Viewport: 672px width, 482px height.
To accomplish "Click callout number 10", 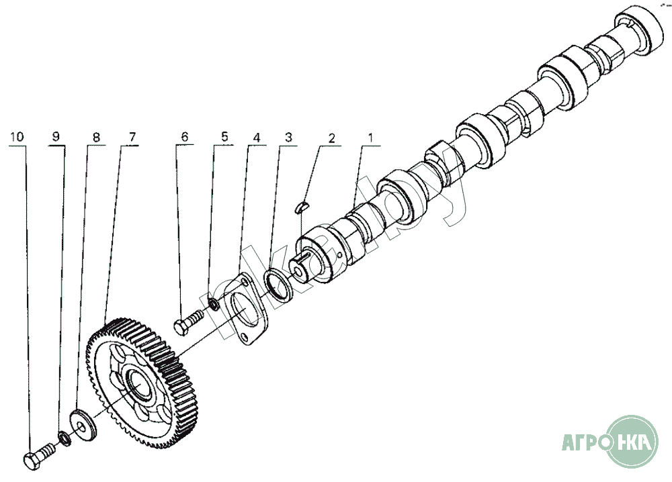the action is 18,137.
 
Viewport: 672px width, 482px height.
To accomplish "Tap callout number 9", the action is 56,137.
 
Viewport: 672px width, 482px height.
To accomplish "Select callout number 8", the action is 96,137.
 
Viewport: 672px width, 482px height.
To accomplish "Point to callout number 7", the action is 131,137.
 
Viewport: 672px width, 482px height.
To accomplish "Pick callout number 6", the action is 183,137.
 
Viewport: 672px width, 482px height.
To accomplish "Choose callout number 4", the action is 256,137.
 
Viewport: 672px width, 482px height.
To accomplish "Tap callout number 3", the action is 288,137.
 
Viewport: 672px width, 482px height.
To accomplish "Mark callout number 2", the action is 331,137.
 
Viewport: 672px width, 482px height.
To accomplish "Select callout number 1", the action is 370,137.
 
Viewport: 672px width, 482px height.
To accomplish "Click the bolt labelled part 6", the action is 187,321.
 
